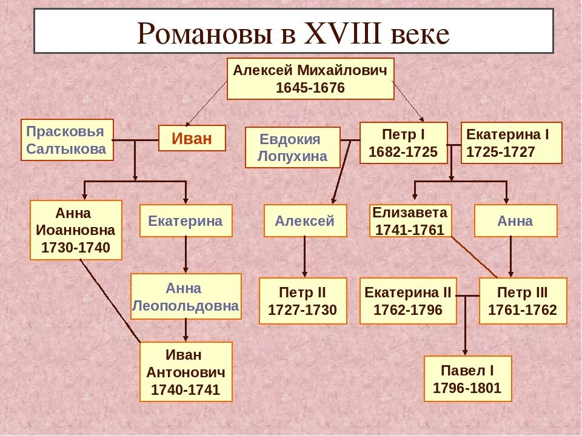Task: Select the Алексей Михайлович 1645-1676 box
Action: coord(310,79)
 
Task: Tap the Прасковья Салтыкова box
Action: coord(67,140)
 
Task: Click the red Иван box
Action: coord(192,138)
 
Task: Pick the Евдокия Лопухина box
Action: coord(292,148)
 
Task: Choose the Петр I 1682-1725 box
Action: coord(403,143)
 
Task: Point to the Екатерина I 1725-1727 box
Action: coord(511,143)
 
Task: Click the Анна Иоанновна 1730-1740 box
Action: coord(76,230)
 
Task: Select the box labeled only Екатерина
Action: coord(186,220)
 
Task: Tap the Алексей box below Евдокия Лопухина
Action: coord(305,220)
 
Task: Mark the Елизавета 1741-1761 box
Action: coord(410,220)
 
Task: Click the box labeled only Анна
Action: coord(515,220)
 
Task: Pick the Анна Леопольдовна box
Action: coord(186,297)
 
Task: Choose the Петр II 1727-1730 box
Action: coord(303,301)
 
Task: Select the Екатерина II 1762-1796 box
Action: coord(408,301)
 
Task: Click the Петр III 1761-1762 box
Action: coord(523,301)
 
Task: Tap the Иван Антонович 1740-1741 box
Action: coord(186,372)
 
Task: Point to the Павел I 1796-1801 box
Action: coord(467,378)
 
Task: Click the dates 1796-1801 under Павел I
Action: coord(467,388)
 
